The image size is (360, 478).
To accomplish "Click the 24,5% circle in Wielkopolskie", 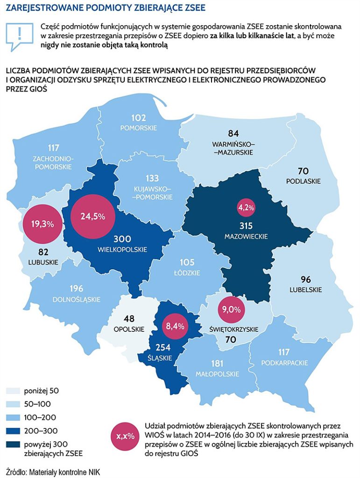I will (x=92, y=216).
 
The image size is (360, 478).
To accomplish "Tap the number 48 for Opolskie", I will (x=129, y=319).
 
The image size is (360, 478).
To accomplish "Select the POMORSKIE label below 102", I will (x=139, y=128).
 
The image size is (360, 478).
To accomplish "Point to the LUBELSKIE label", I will (x=305, y=289).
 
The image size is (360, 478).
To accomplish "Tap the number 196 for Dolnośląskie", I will (x=78, y=288).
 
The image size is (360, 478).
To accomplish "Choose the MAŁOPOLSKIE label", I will (x=217, y=374).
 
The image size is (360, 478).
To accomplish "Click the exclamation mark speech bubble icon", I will (x=19, y=35).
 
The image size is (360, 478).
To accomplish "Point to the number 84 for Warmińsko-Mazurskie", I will (x=233, y=134).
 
